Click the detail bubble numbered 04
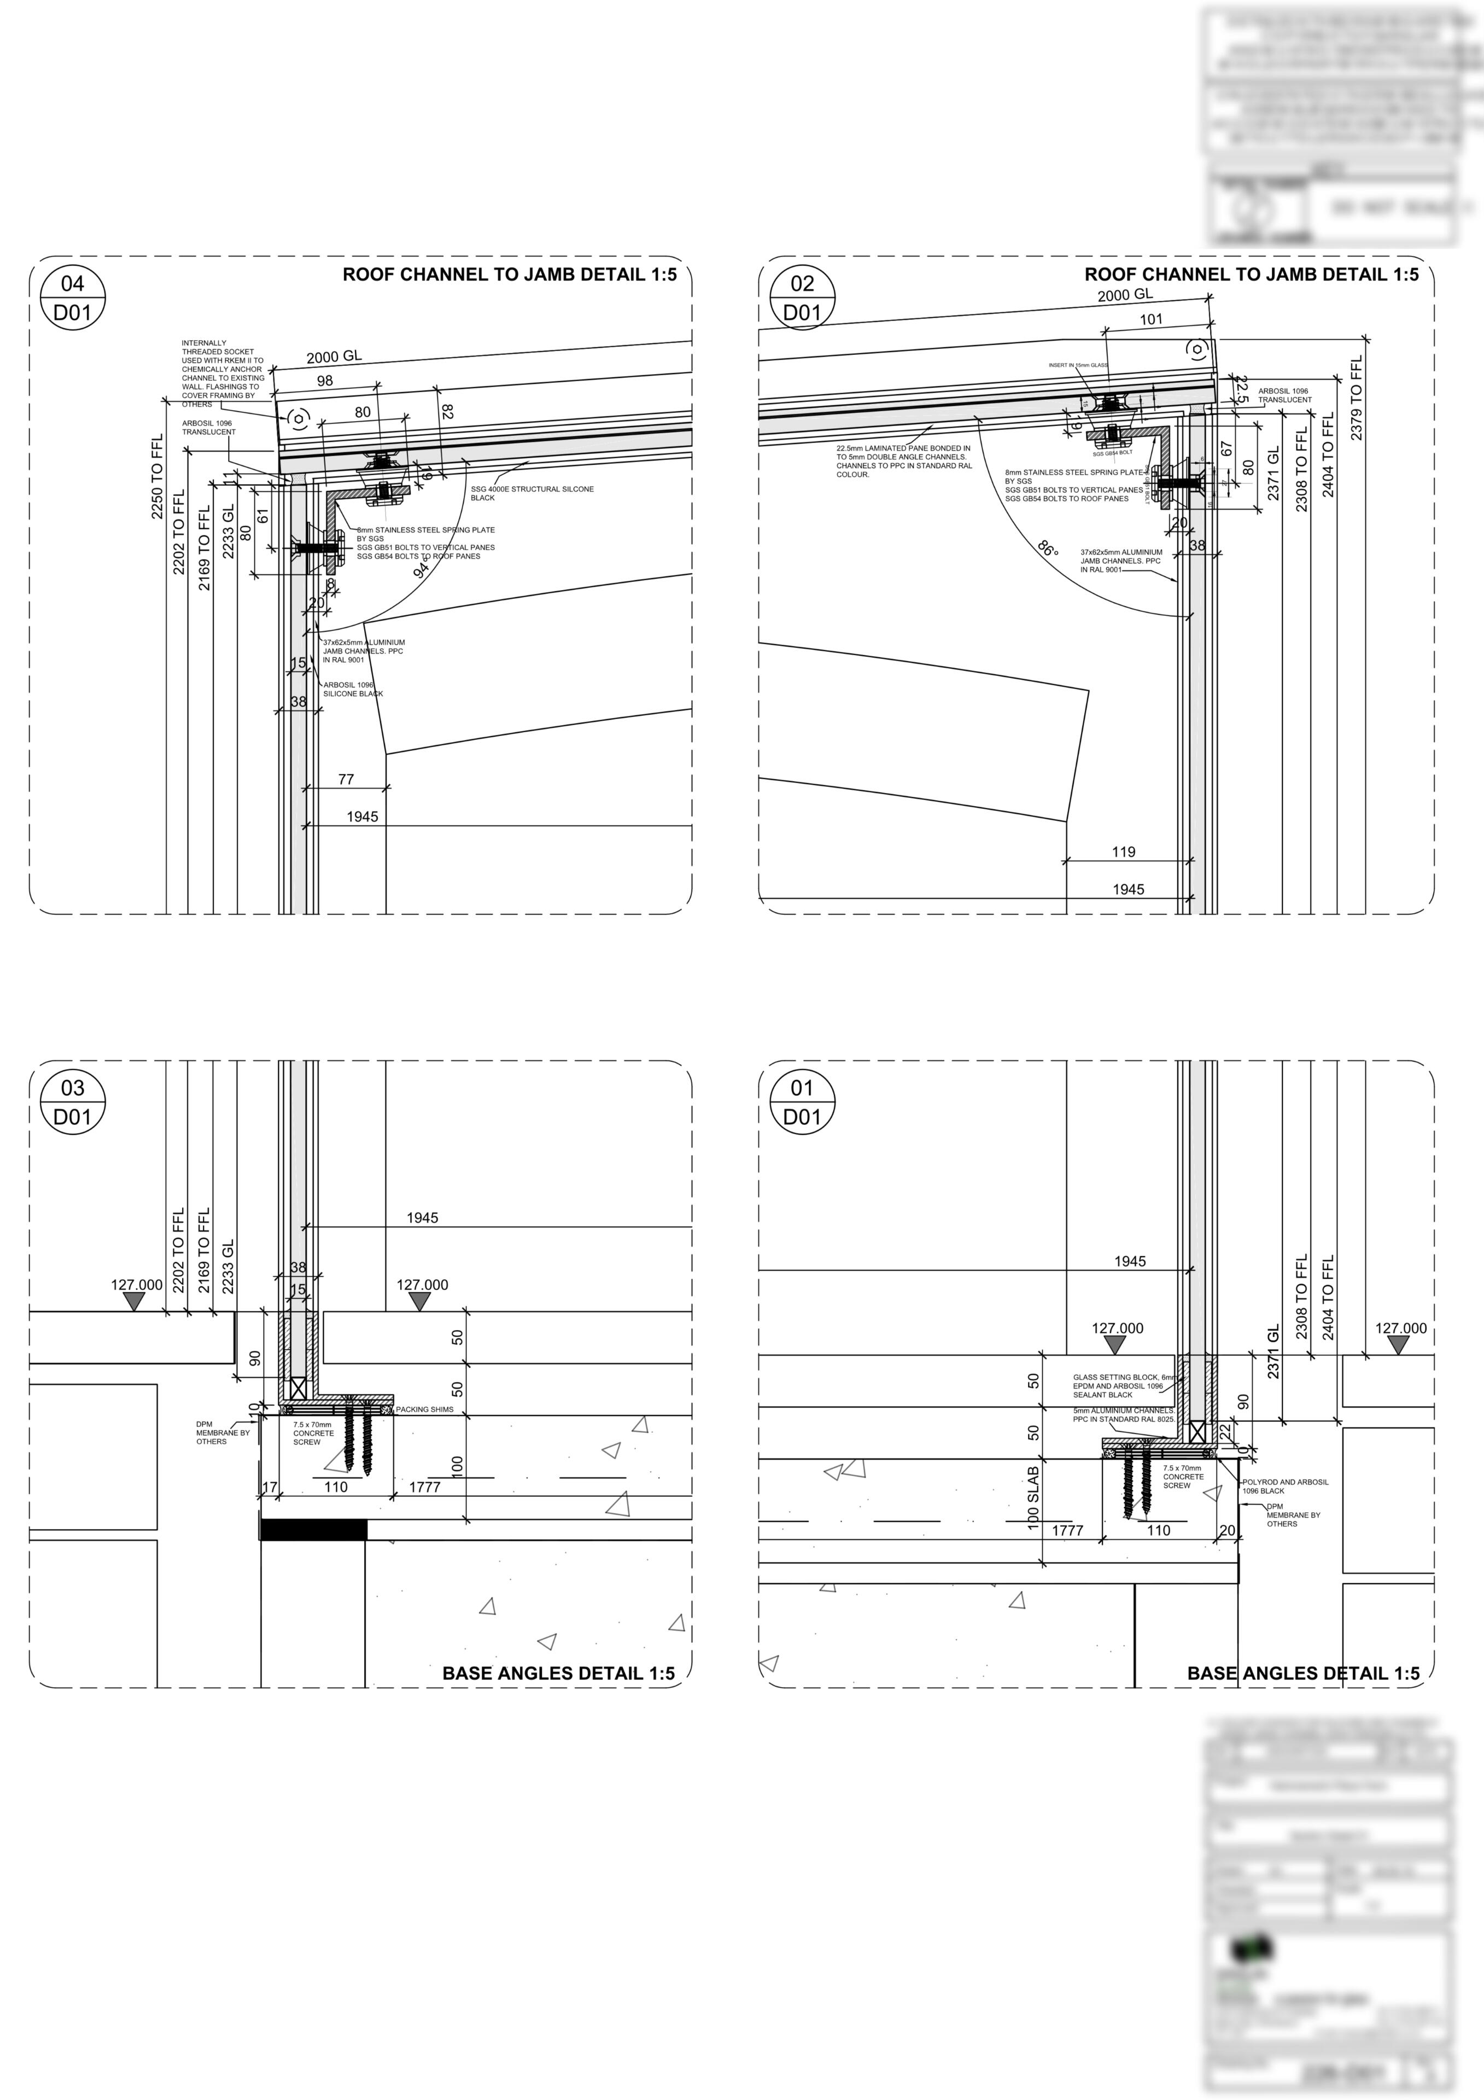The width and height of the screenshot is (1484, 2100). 72,298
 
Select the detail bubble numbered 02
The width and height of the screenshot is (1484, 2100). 802,298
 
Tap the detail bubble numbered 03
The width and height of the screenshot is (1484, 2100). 72,1102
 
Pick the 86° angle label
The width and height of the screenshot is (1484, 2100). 1048,549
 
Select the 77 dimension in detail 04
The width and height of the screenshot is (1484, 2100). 346,779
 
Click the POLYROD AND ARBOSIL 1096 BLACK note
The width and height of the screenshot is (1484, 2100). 1284,1486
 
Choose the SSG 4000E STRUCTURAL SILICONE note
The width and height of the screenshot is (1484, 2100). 531,493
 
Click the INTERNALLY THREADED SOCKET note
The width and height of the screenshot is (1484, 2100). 222,373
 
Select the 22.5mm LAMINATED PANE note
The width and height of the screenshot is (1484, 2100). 903,461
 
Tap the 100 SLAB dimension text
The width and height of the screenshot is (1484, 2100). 1033,1498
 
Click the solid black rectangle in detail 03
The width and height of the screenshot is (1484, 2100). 314,1529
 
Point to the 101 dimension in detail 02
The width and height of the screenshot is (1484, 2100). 1151,319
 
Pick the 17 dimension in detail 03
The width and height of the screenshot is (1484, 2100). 270,1487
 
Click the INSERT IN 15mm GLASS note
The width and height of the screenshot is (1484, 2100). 1078,365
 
